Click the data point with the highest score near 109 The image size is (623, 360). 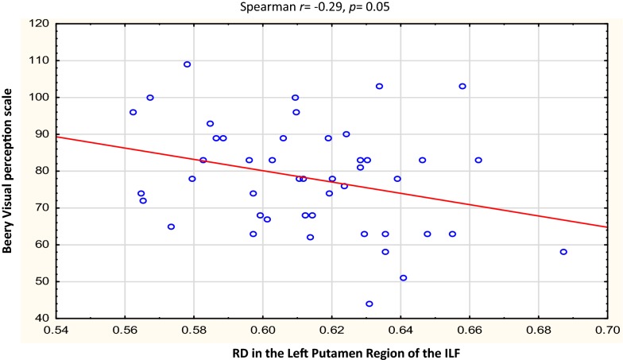click(x=187, y=64)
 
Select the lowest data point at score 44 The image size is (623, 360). click(x=370, y=304)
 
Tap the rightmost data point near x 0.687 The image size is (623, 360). click(x=563, y=252)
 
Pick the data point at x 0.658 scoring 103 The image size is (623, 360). click(x=462, y=86)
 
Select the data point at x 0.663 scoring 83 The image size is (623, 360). click(x=479, y=160)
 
